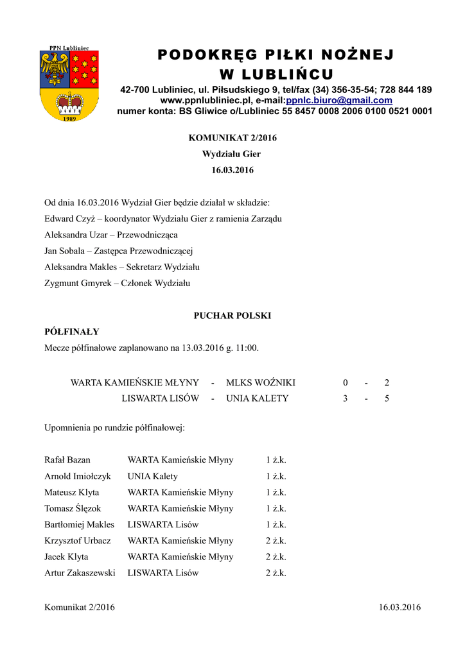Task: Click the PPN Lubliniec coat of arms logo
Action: click(69, 84)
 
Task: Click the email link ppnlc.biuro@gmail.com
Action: click(339, 101)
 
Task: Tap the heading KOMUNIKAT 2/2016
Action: click(232, 138)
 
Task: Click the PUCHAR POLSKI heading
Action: click(232, 316)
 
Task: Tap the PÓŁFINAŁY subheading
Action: click(71, 332)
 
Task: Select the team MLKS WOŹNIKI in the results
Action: click(261, 382)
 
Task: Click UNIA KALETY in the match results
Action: click(257, 398)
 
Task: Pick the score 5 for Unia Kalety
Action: click(387, 398)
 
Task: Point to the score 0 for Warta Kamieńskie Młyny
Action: click(345, 382)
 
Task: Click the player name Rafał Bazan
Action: click(67, 460)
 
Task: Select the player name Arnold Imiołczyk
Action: click(78, 476)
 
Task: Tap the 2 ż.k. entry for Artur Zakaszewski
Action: click(276, 573)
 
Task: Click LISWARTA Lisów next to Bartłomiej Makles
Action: click(163, 524)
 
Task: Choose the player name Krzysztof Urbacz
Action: click(78, 541)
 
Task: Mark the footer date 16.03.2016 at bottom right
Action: click(399, 608)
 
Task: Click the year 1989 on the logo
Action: click(69, 119)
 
